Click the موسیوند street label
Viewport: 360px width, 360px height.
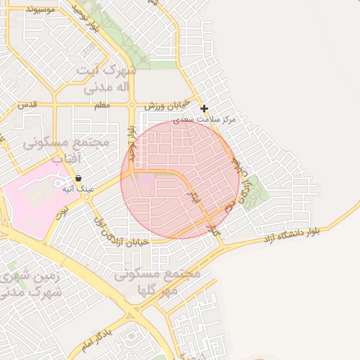tap(44, 10)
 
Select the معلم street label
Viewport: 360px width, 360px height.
tap(101, 105)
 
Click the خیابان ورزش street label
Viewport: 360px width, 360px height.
tap(163, 105)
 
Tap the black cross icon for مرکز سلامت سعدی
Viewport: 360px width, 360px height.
tap(204, 108)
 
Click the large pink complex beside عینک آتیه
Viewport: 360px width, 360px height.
tap(32, 194)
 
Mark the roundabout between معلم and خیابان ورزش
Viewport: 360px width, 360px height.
tap(131, 105)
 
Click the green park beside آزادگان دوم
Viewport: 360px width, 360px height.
tap(257, 187)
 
